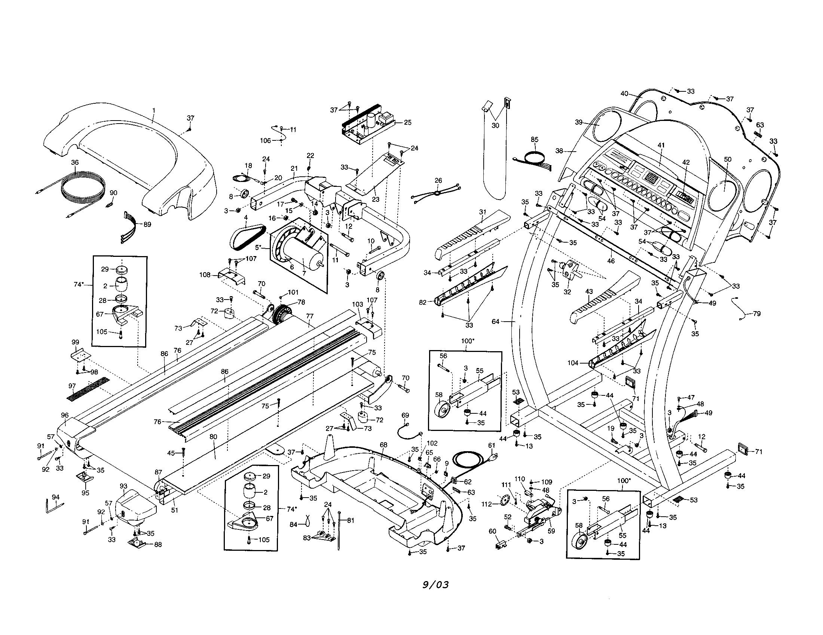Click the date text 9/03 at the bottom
pos(435,585)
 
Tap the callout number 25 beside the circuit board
pos(407,122)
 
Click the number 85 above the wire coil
pos(534,140)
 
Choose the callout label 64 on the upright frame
pos(495,321)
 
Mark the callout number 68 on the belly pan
pos(383,445)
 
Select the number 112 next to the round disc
pos(487,504)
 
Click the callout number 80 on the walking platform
pos(213,437)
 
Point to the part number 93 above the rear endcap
pos(123,486)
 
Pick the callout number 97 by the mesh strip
pos(72,386)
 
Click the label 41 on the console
pos(661,145)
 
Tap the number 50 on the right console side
pos(728,159)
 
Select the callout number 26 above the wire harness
pos(438,180)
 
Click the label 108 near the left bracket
pos(205,275)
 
